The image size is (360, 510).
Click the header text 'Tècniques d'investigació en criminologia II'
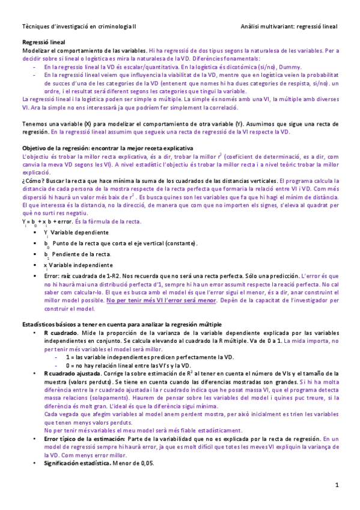(79, 26)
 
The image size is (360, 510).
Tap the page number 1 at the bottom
(337, 485)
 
